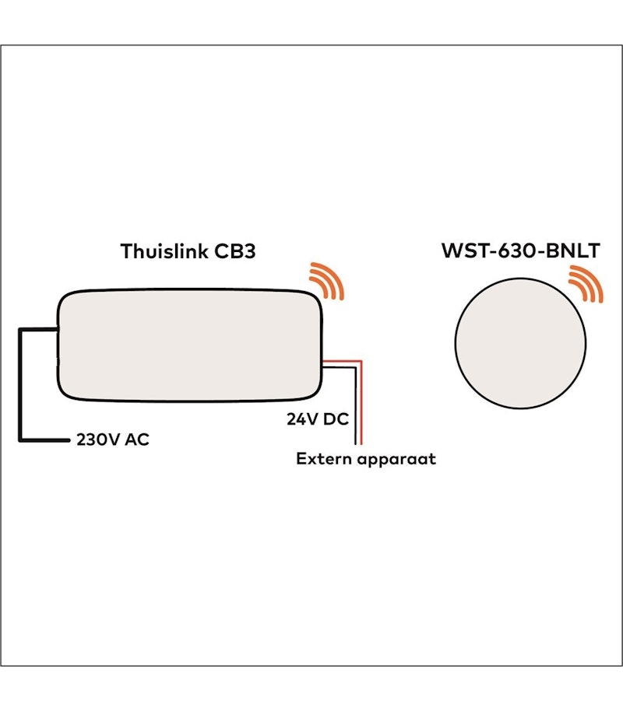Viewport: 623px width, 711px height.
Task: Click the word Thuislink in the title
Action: (x=163, y=252)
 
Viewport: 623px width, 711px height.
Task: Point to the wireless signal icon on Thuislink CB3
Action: (x=326, y=282)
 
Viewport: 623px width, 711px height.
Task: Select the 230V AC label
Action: (x=112, y=440)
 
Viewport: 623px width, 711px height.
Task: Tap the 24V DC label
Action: (x=317, y=419)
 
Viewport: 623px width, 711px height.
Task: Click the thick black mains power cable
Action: (x=21, y=381)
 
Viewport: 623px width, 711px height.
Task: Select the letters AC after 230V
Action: (x=137, y=440)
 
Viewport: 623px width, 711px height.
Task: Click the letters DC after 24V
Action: (x=336, y=419)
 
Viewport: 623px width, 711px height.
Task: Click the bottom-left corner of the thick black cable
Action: (x=21, y=440)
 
